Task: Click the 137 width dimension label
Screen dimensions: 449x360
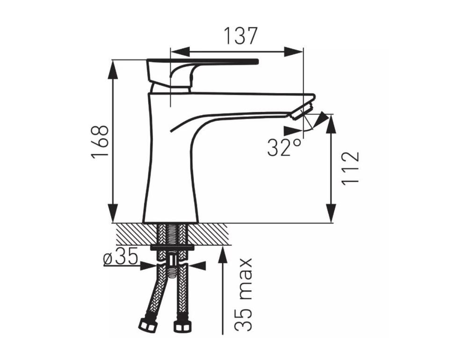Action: point(240,36)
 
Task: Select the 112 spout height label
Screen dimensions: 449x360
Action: point(350,168)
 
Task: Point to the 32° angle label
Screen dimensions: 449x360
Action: point(285,147)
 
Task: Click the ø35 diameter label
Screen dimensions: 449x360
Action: point(121,259)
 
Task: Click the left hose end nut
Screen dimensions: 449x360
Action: point(148,326)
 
